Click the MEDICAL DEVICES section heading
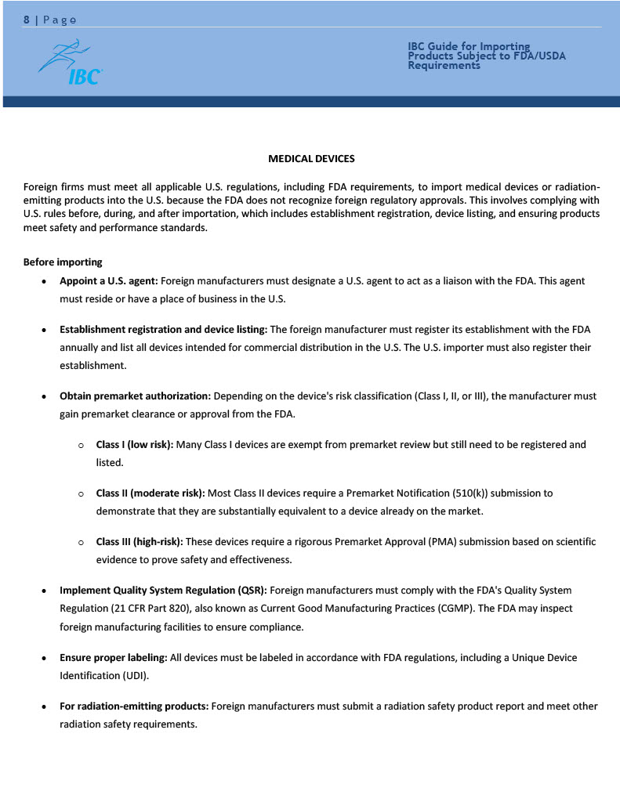coord(311,159)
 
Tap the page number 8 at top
coord(27,20)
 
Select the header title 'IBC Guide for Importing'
coord(469,47)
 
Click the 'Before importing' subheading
coord(63,262)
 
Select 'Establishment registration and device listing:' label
coord(163,329)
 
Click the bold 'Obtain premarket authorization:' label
coord(135,396)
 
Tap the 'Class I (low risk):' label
coord(135,445)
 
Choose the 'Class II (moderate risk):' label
coord(150,493)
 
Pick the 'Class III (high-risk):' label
coord(140,542)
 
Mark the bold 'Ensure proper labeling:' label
coord(113,657)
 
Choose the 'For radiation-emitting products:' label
coord(134,706)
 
